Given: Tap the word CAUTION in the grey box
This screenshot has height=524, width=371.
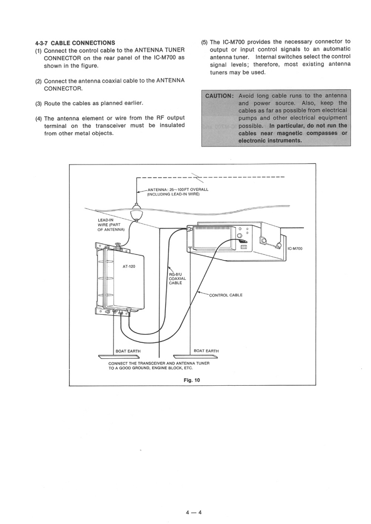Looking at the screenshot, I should point(219,96).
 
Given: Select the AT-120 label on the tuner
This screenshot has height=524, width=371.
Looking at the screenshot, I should point(129,267).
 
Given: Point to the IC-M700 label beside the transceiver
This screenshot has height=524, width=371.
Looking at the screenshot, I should point(295,248).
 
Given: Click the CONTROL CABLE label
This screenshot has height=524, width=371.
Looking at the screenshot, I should point(226,295).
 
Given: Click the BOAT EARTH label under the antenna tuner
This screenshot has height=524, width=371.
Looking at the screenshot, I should point(128,351).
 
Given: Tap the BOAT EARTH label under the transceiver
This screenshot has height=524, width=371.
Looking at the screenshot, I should point(206,351).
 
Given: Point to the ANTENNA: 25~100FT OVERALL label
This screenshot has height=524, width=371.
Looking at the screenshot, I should point(178,190).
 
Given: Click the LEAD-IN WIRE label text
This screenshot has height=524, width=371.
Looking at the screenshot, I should point(109,225).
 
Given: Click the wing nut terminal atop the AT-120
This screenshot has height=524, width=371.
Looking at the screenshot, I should point(118,244).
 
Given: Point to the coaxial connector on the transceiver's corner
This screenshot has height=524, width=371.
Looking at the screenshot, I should point(190,229).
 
